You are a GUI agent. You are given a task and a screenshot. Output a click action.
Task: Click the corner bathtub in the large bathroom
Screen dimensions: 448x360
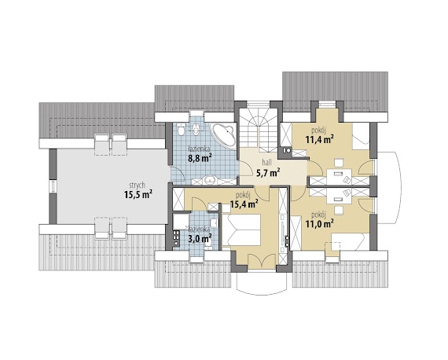223,135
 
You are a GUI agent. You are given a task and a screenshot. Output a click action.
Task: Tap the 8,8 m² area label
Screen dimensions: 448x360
200,157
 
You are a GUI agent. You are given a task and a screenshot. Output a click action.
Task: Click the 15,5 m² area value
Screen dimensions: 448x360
138,195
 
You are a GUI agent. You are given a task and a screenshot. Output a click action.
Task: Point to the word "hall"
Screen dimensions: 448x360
267,163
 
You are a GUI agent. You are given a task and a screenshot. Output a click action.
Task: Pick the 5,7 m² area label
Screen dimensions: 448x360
268,173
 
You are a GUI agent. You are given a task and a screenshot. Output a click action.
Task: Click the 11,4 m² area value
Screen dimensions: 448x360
320,140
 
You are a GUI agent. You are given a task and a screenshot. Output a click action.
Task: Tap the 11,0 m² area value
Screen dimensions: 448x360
320,224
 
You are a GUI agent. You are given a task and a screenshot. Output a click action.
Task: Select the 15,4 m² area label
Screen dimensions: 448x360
244,204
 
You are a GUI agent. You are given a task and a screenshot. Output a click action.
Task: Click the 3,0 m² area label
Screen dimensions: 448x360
200,238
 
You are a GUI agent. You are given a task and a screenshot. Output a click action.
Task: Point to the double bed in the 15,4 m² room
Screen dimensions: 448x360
241,230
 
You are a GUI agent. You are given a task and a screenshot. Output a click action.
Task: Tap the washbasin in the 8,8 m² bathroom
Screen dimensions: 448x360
211,180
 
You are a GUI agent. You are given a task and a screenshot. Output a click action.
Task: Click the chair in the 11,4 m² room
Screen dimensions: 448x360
339,163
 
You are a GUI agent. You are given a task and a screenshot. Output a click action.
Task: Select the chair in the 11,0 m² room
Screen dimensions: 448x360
339,210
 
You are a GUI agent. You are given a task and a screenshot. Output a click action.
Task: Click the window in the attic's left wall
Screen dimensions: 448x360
53,186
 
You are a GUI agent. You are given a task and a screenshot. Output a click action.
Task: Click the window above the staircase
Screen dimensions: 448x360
259,105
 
